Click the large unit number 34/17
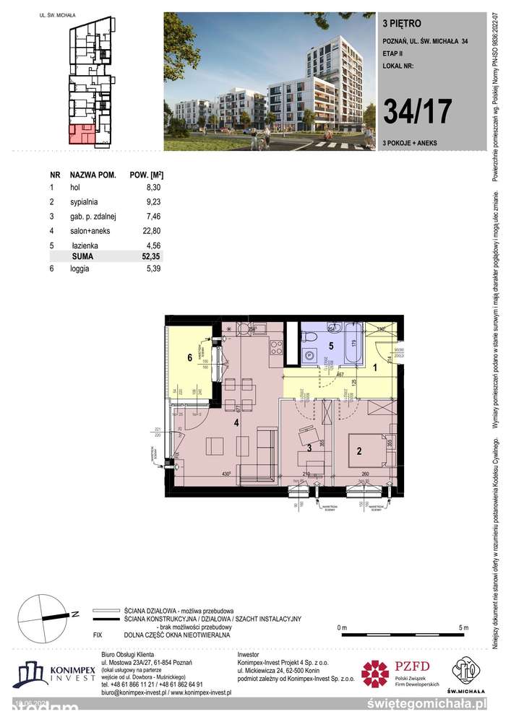click(x=418, y=110)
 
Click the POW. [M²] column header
click(x=145, y=175)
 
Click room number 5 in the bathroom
click(x=331, y=345)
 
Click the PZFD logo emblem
click(x=376, y=674)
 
